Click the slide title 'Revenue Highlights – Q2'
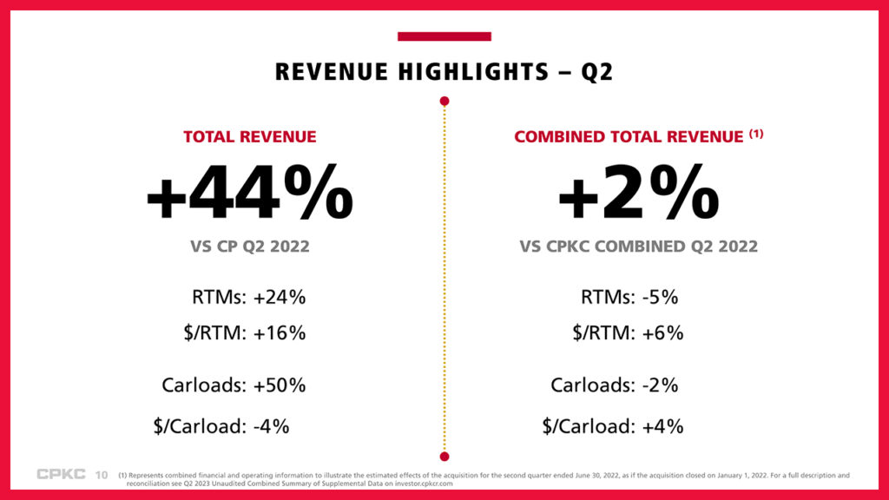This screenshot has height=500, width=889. [444, 71]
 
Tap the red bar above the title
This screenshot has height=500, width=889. [444, 36]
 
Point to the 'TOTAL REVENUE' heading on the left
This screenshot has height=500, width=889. [250, 136]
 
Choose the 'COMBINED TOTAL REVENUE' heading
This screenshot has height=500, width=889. [629, 136]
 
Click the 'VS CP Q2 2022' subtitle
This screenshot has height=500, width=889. [250, 247]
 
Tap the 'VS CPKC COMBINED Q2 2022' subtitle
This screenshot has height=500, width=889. [638, 247]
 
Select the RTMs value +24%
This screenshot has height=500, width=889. [280, 297]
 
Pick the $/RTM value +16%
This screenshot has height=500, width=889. [280, 333]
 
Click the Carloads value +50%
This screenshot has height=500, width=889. [280, 385]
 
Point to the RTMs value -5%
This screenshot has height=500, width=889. [660, 297]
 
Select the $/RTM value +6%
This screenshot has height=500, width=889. [662, 333]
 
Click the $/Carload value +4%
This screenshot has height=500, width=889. [662, 426]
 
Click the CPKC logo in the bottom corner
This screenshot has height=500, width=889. [60, 474]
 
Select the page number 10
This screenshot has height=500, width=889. [101, 475]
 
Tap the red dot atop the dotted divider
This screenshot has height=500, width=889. [444, 102]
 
